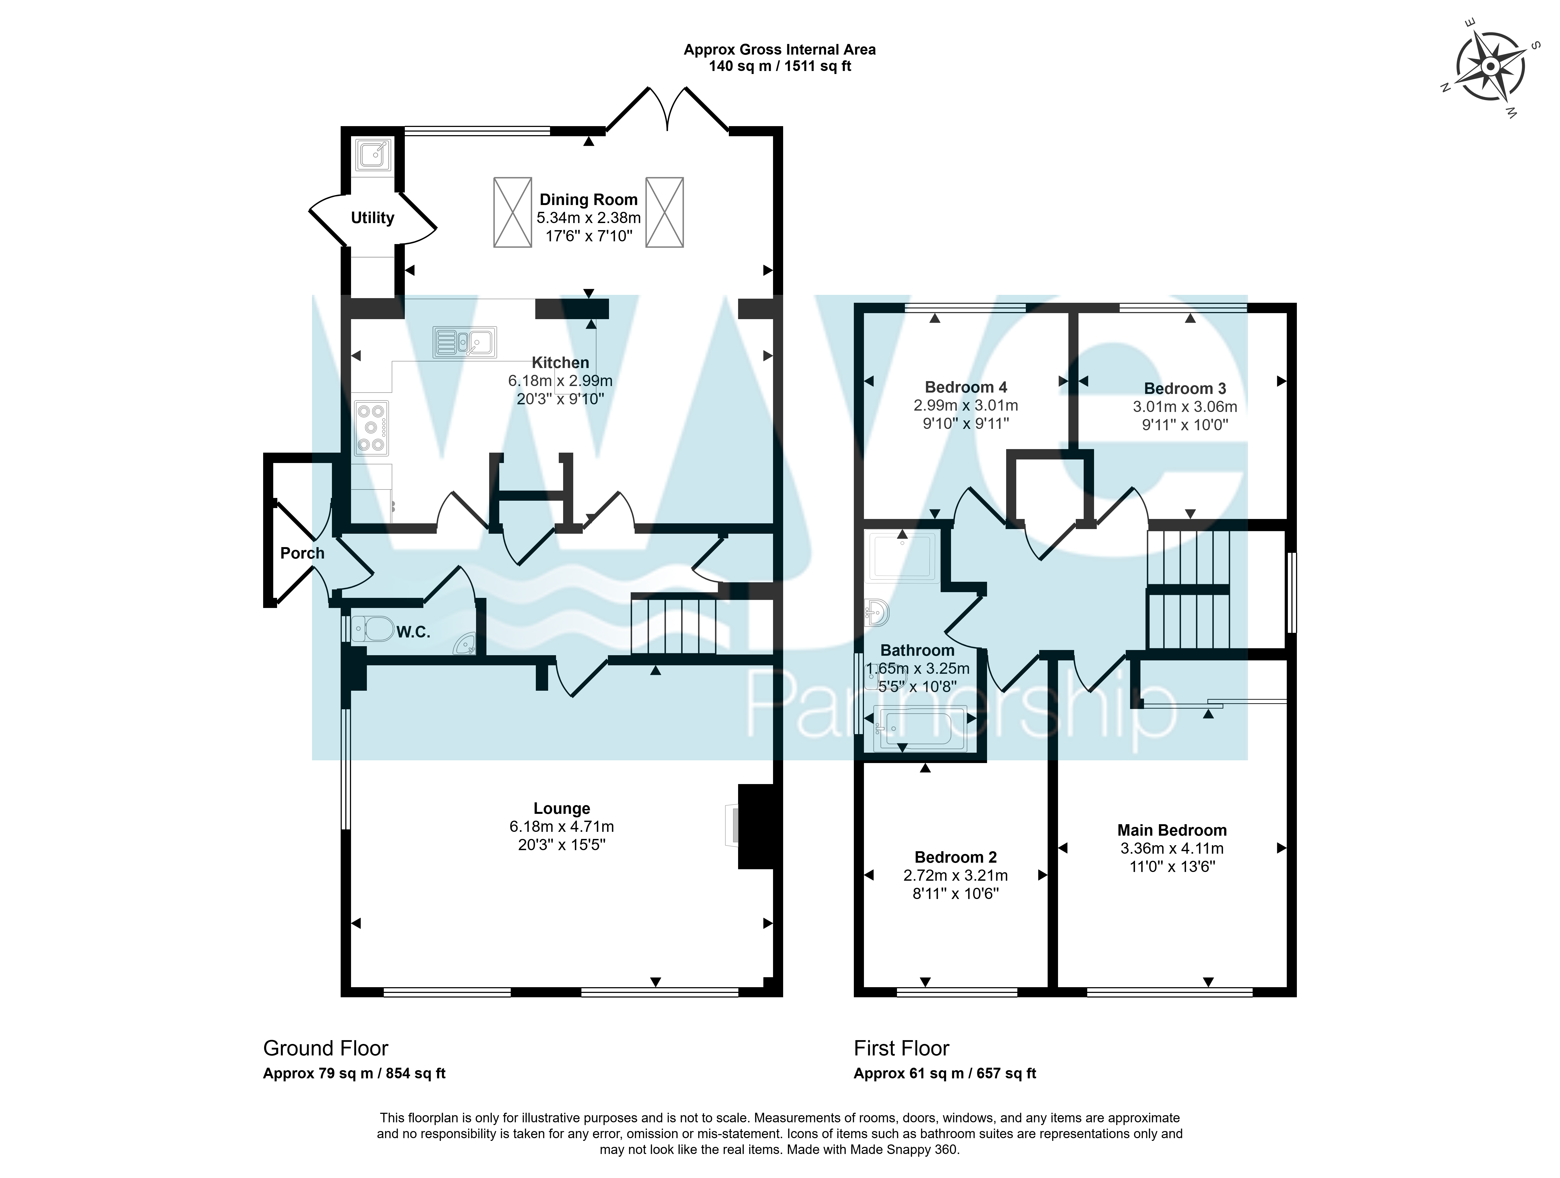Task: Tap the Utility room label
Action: (372, 218)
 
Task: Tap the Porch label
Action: (302, 553)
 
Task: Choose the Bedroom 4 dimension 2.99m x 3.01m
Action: (965, 406)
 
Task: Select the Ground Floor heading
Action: (326, 1048)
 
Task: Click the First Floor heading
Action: (901, 1048)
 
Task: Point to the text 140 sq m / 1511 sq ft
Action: (780, 66)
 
